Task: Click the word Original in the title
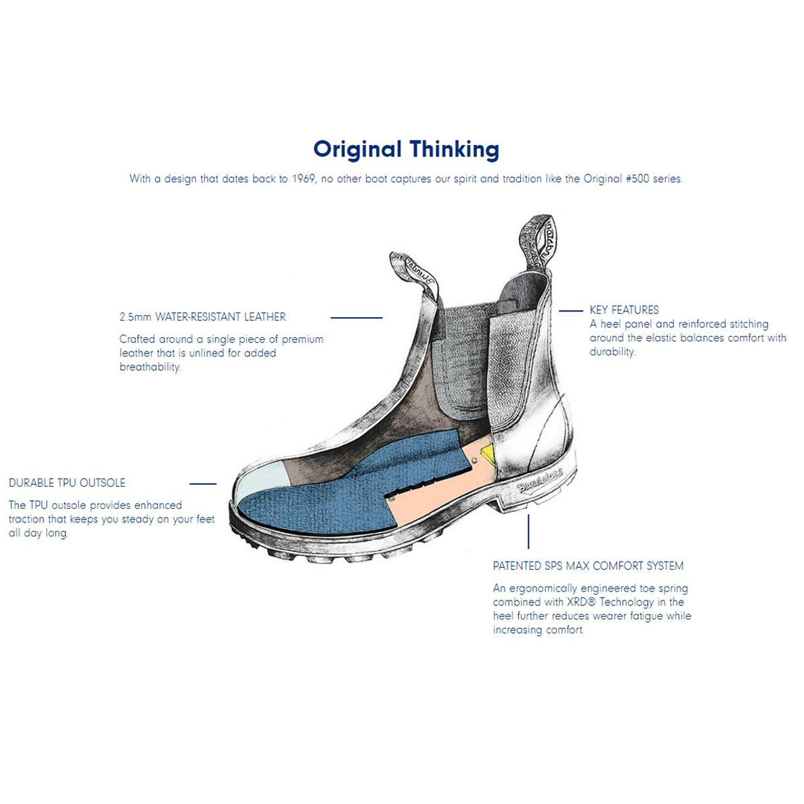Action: click(357, 149)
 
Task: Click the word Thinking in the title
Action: click(454, 149)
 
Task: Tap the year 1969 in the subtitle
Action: click(303, 179)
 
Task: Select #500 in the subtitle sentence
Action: click(638, 179)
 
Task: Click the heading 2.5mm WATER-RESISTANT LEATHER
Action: click(203, 317)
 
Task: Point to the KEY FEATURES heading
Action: click(624, 310)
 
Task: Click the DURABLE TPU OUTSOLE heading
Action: click(67, 483)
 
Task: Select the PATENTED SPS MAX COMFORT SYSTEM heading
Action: click(589, 566)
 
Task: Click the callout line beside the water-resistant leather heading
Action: click(356, 318)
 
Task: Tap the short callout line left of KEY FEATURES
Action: click(571, 311)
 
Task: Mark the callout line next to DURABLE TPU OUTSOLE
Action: click(203, 484)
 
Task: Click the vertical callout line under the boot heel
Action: click(528, 531)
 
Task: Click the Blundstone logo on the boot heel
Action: click(540, 480)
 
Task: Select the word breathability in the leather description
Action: click(150, 367)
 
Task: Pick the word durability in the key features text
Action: click(612, 352)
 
